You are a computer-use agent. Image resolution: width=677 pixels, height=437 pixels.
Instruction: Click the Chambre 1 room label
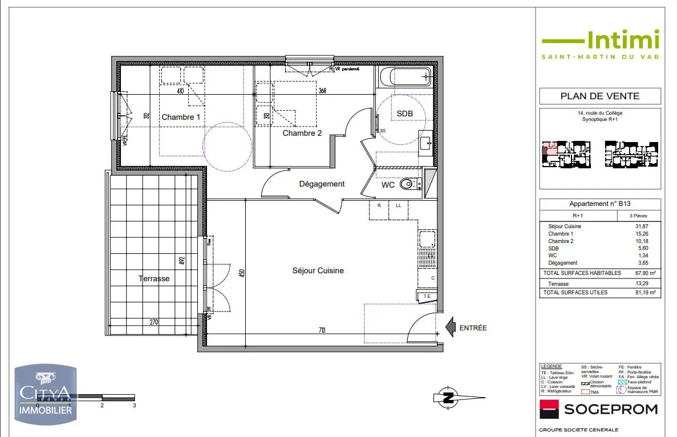pyautogui.click(x=181, y=117)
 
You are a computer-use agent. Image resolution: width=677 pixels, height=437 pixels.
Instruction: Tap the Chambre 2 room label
pyautogui.click(x=302, y=133)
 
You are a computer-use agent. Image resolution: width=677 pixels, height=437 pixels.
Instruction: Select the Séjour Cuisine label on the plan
pyautogui.click(x=318, y=270)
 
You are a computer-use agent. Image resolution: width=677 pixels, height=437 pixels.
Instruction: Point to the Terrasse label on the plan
pyautogui.click(x=153, y=278)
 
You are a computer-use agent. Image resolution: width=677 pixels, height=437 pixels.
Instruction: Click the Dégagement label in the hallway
pyautogui.click(x=322, y=184)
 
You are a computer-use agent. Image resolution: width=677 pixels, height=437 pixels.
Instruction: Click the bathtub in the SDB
pyautogui.click(x=405, y=76)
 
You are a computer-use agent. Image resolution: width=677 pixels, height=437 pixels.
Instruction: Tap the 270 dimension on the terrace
pyautogui.click(x=153, y=322)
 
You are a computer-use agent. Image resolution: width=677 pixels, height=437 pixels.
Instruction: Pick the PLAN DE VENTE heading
pyautogui.click(x=599, y=96)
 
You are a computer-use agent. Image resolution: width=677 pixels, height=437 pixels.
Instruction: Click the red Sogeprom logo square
pyautogui.click(x=549, y=409)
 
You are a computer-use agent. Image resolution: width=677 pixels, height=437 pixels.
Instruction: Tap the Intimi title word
pyautogui.click(x=622, y=39)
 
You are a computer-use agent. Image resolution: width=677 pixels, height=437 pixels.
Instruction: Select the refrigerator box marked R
pyautogui.click(x=379, y=209)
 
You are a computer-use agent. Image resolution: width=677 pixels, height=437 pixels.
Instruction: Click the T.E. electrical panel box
pyautogui.click(x=427, y=296)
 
